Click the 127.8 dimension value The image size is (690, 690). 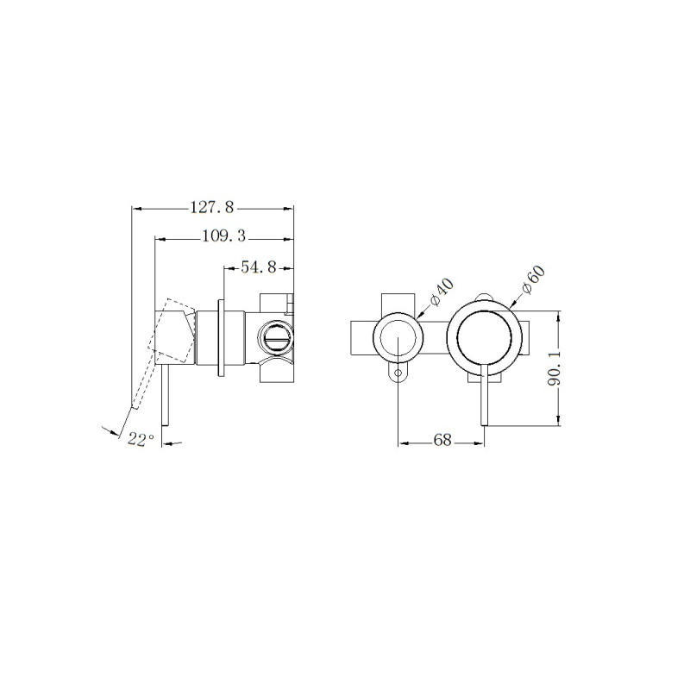pyautogui.click(x=212, y=207)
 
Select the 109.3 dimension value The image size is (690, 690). pyautogui.click(x=223, y=237)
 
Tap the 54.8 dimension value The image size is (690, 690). pyautogui.click(x=258, y=267)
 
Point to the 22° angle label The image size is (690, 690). pyautogui.click(x=141, y=439)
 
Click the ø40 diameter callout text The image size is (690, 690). pyautogui.click(x=442, y=292)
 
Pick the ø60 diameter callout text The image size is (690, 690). pyautogui.click(x=533, y=279)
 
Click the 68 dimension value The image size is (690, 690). pyautogui.click(x=442, y=440)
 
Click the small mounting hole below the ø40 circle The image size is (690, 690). pyautogui.click(x=398, y=373)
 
